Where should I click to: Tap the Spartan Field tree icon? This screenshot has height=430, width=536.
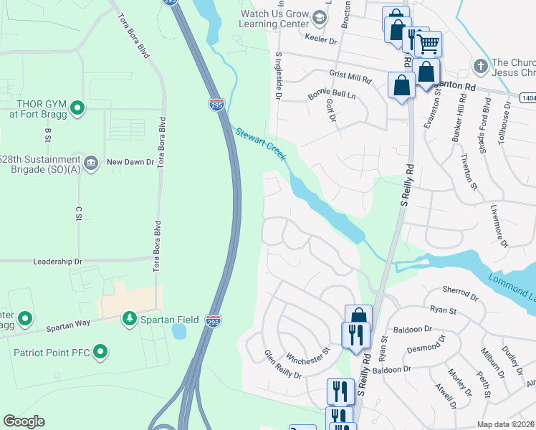tap(129, 317)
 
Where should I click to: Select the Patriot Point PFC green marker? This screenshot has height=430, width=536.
tap(101, 351)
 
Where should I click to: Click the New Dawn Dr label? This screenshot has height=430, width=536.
tap(130, 163)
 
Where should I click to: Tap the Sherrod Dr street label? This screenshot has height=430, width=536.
tap(460, 295)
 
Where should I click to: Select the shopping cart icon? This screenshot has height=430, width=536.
tap(429, 44)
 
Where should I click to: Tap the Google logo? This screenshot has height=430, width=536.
tap(24, 421)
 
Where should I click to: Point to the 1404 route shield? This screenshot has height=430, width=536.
tap(527, 95)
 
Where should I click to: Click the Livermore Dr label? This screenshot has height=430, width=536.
tap(499, 226)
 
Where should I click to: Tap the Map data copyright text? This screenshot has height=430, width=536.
tap(505, 424)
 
